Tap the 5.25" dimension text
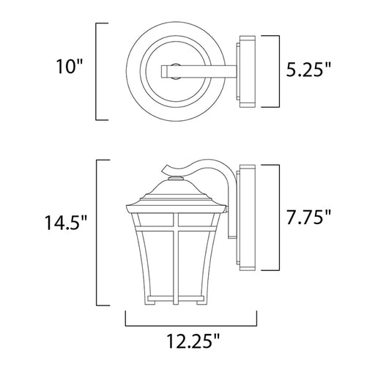[x=308, y=70]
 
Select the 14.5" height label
[x=65, y=223]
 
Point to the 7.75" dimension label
[x=308, y=217]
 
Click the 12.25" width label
[x=193, y=341]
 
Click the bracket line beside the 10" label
[x=96, y=72]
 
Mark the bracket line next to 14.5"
[x=97, y=232]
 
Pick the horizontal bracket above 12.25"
[x=191, y=325]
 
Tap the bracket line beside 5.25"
[x=279, y=71]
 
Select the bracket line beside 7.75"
[x=279, y=218]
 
